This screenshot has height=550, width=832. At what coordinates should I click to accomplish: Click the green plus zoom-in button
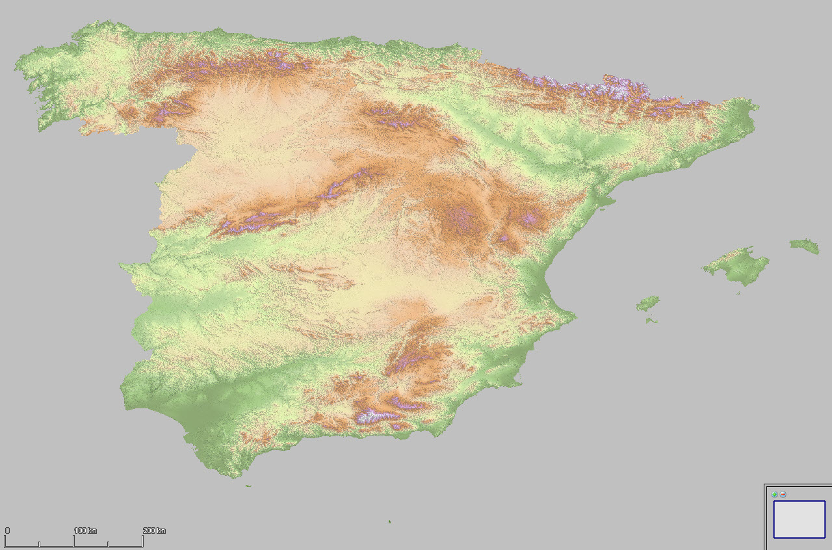774,495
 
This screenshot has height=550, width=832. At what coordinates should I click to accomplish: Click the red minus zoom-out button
783,495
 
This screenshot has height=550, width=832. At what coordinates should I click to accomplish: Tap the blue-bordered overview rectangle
799,519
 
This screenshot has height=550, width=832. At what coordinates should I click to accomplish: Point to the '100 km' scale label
85,531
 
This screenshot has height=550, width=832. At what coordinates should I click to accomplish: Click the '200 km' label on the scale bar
155,531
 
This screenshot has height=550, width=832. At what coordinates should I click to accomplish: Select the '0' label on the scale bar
7,531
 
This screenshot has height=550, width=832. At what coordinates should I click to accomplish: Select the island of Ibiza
647,304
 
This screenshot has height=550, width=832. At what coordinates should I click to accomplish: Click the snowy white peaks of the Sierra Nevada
374,414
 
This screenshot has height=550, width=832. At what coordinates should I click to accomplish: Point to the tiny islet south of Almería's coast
389,521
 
